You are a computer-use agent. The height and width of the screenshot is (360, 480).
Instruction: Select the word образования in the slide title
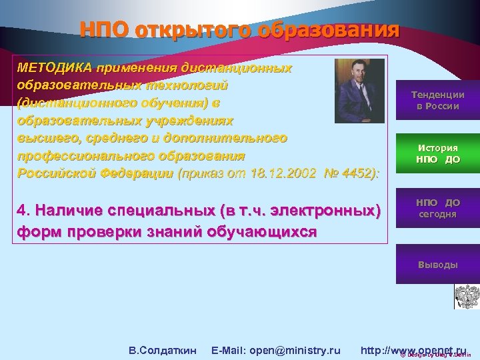click(329, 30)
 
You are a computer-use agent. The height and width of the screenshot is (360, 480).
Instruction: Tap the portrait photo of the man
click(359, 91)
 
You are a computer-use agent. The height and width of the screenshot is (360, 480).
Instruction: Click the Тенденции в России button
click(437, 101)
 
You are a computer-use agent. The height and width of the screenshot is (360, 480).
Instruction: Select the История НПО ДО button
click(437, 154)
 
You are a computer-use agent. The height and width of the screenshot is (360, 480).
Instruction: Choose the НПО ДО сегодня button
click(437, 208)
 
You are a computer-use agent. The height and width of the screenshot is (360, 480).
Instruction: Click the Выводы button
click(437, 265)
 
